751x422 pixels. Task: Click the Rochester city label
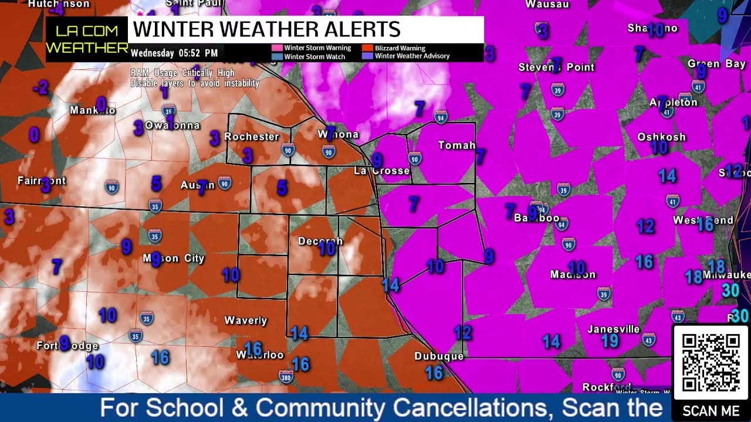pyautogui.click(x=252, y=137)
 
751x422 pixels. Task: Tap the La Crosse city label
pyautogui.click(x=381, y=171)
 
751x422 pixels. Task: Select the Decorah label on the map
pyautogui.click(x=320, y=241)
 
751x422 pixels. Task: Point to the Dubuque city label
pyautogui.click(x=439, y=356)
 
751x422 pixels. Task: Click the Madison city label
pyautogui.click(x=573, y=274)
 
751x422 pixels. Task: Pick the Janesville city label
pyautogui.click(x=613, y=329)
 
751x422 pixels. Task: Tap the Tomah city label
pyautogui.click(x=456, y=145)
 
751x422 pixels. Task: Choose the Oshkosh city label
pyautogui.click(x=661, y=137)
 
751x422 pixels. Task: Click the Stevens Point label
pyautogui.click(x=556, y=67)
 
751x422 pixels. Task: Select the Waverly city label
pyautogui.click(x=246, y=320)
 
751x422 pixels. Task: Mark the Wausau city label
pyautogui.click(x=547, y=4)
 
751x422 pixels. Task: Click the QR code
pyautogui.click(x=711, y=362)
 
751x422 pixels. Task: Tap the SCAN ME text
pyautogui.click(x=711, y=411)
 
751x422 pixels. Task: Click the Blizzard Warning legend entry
pyautogui.click(x=400, y=48)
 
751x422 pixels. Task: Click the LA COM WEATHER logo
pyautogui.click(x=87, y=39)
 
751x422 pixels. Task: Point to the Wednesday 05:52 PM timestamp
pyautogui.click(x=174, y=53)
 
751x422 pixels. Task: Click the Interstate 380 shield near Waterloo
pyautogui.click(x=286, y=375)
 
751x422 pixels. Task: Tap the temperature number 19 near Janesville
pyautogui.click(x=610, y=341)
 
